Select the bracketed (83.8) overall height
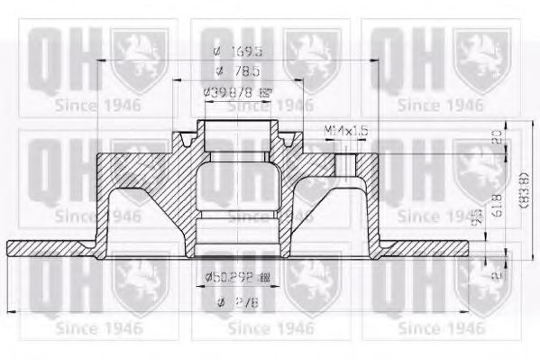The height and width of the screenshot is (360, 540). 515,189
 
